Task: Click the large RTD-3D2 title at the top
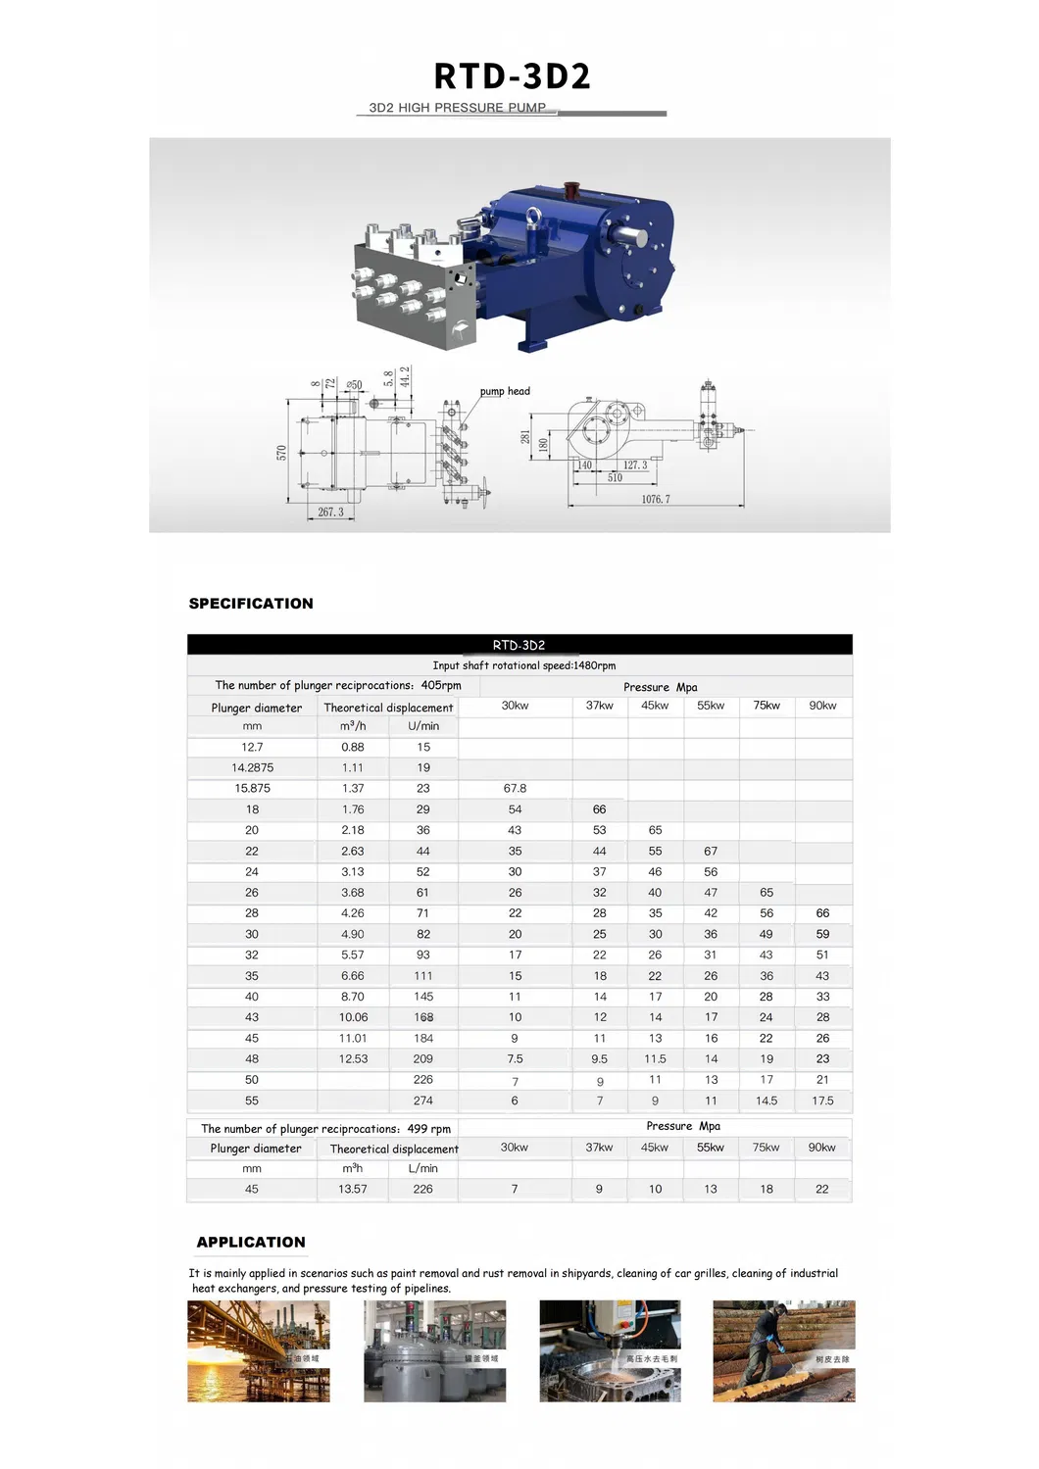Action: (x=513, y=76)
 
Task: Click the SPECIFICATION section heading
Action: (x=251, y=604)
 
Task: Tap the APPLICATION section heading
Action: (x=251, y=1242)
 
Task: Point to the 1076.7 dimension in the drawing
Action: (x=656, y=499)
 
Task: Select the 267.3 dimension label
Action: (x=330, y=512)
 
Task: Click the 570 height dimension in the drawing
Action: (x=282, y=452)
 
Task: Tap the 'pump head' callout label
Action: (x=505, y=391)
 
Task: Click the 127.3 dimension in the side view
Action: (x=635, y=465)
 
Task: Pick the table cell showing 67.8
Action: (x=515, y=788)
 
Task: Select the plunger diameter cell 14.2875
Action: (x=253, y=767)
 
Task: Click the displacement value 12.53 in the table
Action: (x=353, y=1058)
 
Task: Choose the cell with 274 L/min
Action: (x=423, y=1101)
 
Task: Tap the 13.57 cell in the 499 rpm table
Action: (x=353, y=1189)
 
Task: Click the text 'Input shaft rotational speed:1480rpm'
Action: (x=523, y=665)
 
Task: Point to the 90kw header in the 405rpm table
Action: (x=822, y=706)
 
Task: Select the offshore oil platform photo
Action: (x=259, y=1350)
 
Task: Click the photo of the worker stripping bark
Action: (x=783, y=1350)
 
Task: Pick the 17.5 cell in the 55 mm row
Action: (x=822, y=1101)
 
